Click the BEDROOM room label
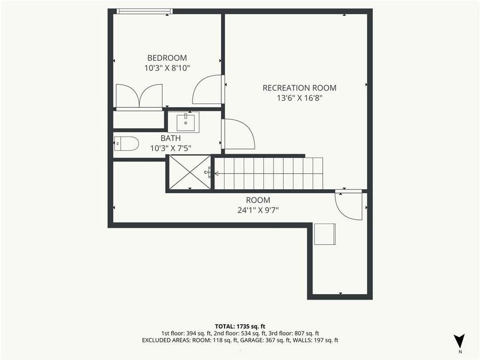point(167,58)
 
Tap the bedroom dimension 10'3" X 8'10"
point(167,68)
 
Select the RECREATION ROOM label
point(299,88)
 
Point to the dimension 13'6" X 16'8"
point(299,98)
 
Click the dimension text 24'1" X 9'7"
point(259,210)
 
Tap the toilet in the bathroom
point(126,143)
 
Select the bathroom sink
point(183,122)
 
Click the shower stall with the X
point(190,172)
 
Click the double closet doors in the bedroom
point(139,96)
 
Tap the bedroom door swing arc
point(207,90)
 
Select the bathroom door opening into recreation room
point(238,134)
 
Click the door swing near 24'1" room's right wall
point(349,205)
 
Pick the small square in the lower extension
point(324,234)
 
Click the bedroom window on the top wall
point(145,11)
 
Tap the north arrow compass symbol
point(459,342)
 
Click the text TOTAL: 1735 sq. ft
point(239,325)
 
